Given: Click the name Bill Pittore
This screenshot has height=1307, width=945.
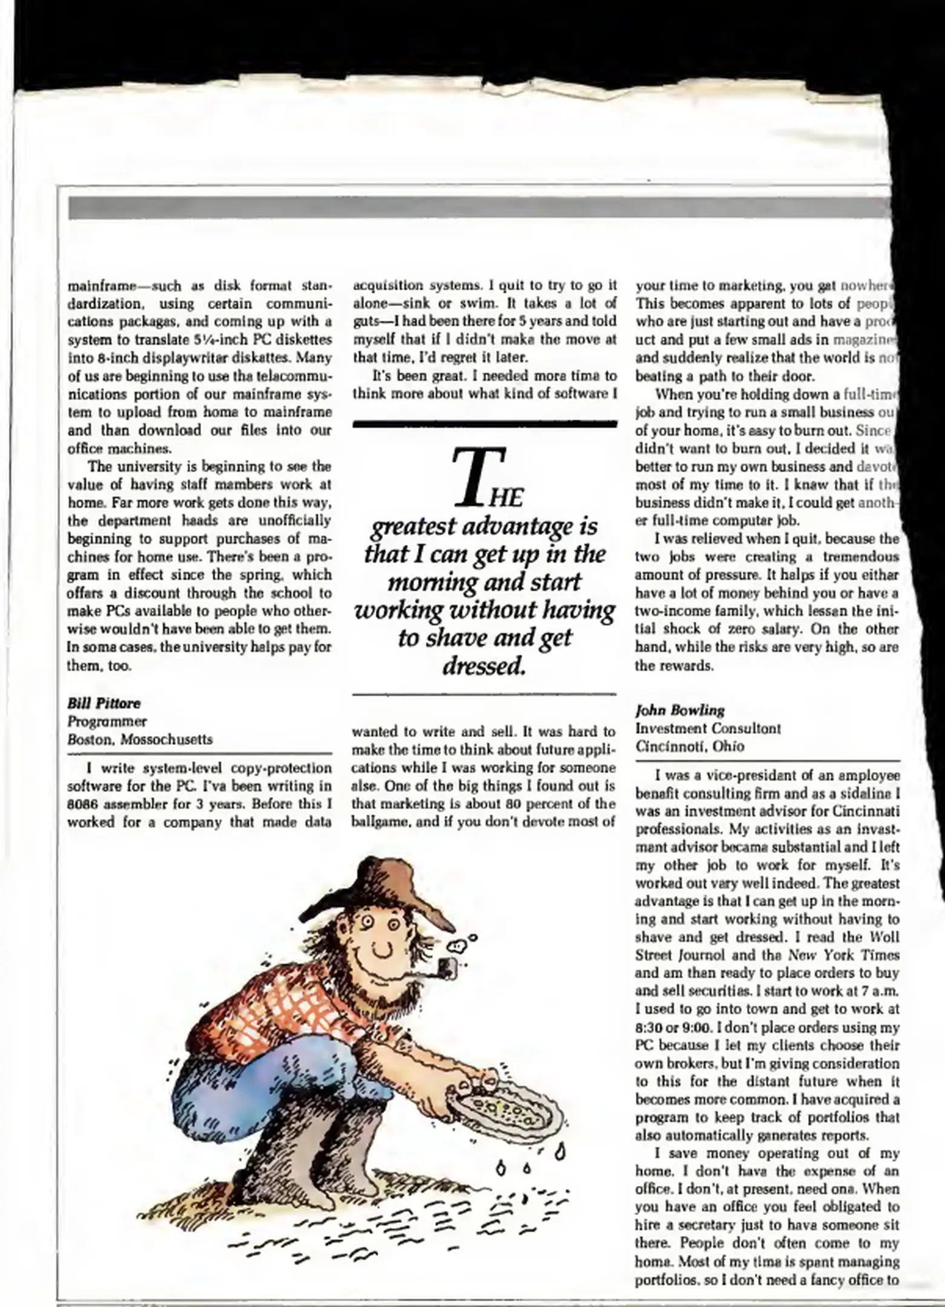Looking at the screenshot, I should (104, 703).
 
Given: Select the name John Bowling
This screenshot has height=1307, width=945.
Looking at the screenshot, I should (680, 710).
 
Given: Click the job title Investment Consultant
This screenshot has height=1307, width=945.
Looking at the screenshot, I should (708, 728).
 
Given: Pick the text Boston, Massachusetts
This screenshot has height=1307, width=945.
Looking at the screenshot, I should (140, 739).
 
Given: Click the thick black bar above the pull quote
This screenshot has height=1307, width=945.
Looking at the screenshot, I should (484, 424).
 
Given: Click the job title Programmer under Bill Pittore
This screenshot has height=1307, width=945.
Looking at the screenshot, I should (107, 721).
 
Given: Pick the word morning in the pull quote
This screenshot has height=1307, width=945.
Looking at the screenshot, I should (427, 583).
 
